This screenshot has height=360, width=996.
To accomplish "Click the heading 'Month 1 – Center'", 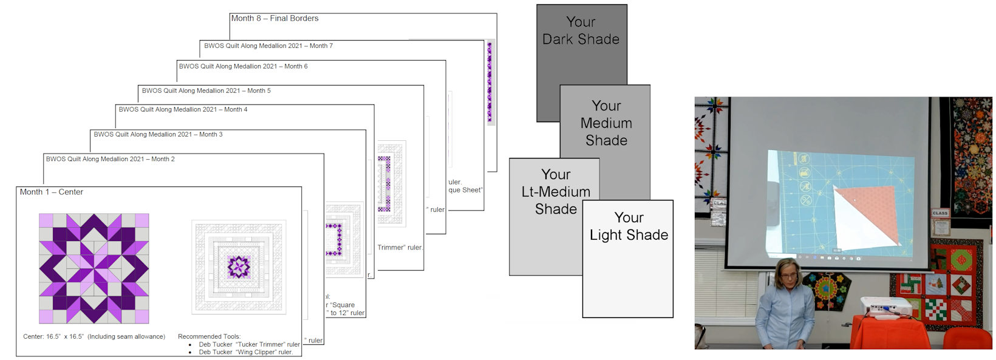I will click(x=52, y=192).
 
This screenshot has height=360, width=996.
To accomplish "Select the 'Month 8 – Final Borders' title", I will click(x=275, y=18).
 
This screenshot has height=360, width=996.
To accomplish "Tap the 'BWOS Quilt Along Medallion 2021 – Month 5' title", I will click(x=206, y=90).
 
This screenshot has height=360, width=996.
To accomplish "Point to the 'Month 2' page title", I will click(x=111, y=159).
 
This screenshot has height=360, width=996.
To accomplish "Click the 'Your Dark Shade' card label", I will click(x=581, y=31).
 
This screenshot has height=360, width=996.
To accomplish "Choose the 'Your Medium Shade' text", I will click(x=606, y=123).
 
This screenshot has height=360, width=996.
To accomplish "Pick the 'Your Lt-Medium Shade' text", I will click(x=556, y=192).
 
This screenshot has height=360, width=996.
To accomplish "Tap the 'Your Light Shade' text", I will click(x=629, y=226).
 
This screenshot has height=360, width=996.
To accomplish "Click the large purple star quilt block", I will click(x=94, y=268).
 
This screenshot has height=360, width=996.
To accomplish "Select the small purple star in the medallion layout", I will click(x=239, y=267).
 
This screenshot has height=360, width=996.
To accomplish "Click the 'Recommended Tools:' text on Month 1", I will click(x=209, y=336).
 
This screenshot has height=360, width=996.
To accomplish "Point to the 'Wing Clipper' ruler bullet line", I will click(x=246, y=352).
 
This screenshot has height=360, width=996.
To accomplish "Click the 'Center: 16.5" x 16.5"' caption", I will click(x=94, y=336).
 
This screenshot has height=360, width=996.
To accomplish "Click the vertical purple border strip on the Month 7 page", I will click(x=489, y=82).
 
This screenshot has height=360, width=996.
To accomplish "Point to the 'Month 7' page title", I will click(x=268, y=46).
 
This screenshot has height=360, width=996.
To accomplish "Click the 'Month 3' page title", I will click(x=158, y=134).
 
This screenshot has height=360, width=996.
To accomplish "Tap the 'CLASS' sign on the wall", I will click(x=940, y=213).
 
